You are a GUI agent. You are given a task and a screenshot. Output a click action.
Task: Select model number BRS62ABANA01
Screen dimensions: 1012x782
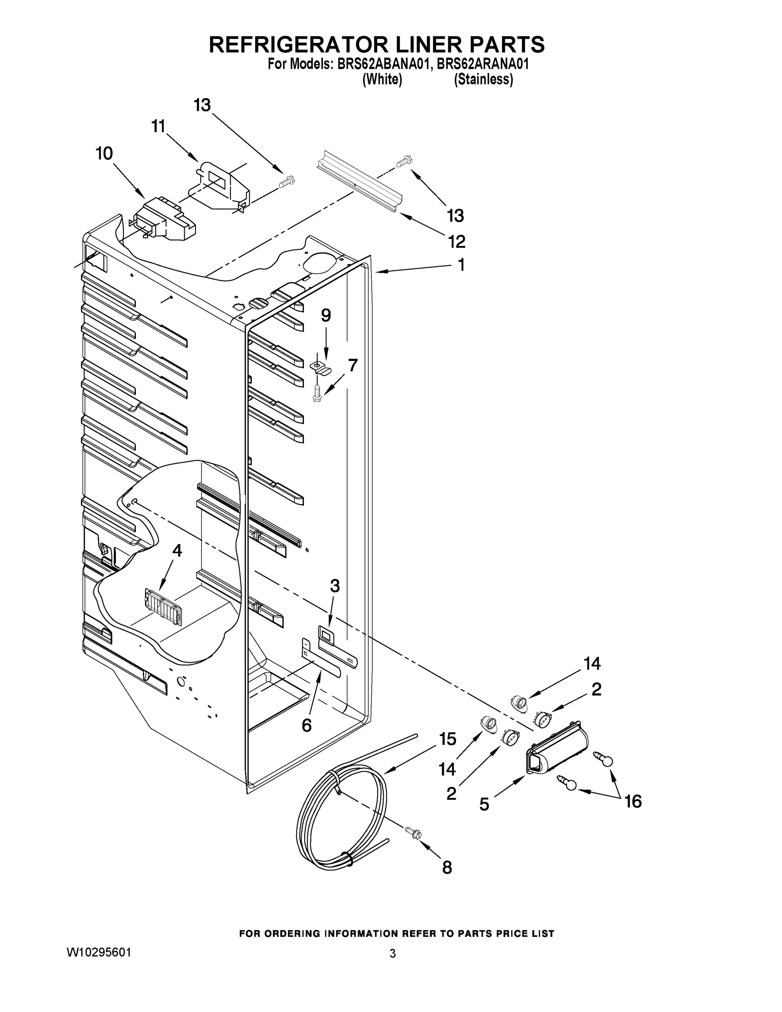tap(380, 64)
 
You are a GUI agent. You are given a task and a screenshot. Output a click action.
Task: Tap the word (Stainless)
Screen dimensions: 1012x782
tap(483, 80)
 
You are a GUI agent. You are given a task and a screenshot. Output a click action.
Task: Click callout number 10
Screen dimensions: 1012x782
tap(104, 153)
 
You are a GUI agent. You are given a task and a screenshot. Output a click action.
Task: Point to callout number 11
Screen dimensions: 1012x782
tap(159, 126)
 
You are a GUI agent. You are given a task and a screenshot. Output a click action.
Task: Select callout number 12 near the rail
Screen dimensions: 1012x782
tap(456, 242)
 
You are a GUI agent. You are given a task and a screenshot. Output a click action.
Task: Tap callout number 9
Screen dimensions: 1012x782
tap(326, 315)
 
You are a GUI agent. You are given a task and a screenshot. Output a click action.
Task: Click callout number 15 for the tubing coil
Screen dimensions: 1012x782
tap(448, 739)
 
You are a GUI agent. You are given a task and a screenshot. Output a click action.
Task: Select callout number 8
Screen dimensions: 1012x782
tap(447, 867)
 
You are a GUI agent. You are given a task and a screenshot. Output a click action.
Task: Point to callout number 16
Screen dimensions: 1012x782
tap(633, 801)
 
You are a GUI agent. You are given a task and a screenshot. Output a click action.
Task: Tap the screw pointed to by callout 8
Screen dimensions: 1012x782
tap(412, 833)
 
